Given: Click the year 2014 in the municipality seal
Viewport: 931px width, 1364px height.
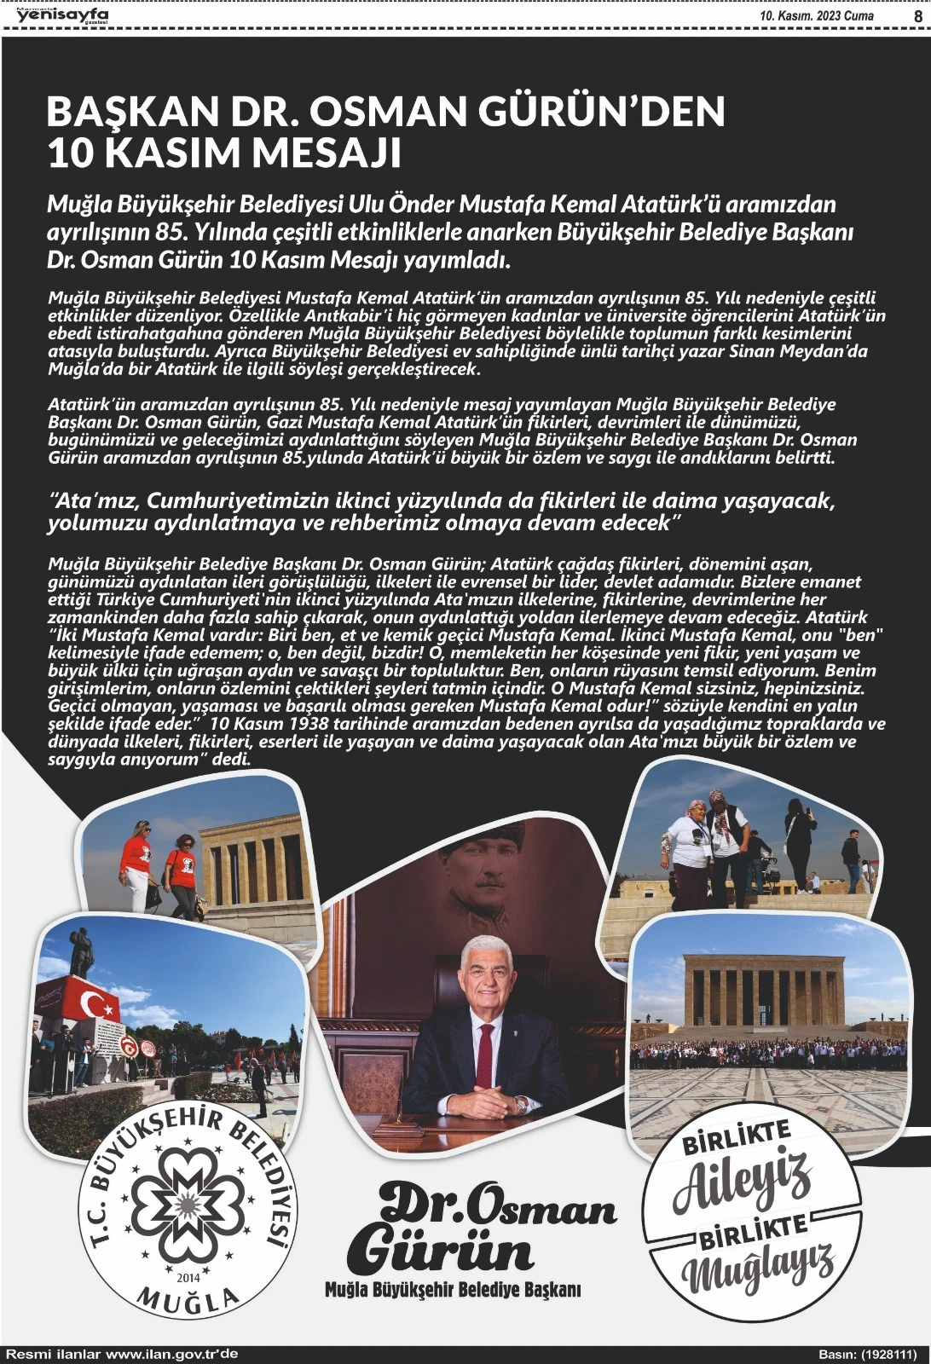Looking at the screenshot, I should (x=188, y=1278).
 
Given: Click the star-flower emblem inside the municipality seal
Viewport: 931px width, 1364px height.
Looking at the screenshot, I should (x=188, y=1207).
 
